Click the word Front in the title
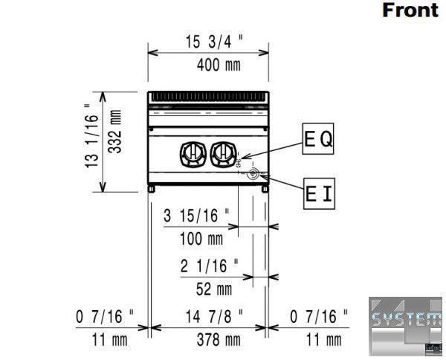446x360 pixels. [410, 10]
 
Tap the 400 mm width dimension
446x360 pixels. [219, 65]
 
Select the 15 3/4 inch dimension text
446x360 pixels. [215, 42]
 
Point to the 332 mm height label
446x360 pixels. [115, 132]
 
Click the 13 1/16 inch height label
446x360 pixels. [91, 135]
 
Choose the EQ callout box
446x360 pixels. [317, 138]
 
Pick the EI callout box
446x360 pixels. [319, 194]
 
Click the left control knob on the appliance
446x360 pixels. [193, 154]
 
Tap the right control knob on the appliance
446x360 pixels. [224, 154]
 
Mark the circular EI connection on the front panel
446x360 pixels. [253, 173]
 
